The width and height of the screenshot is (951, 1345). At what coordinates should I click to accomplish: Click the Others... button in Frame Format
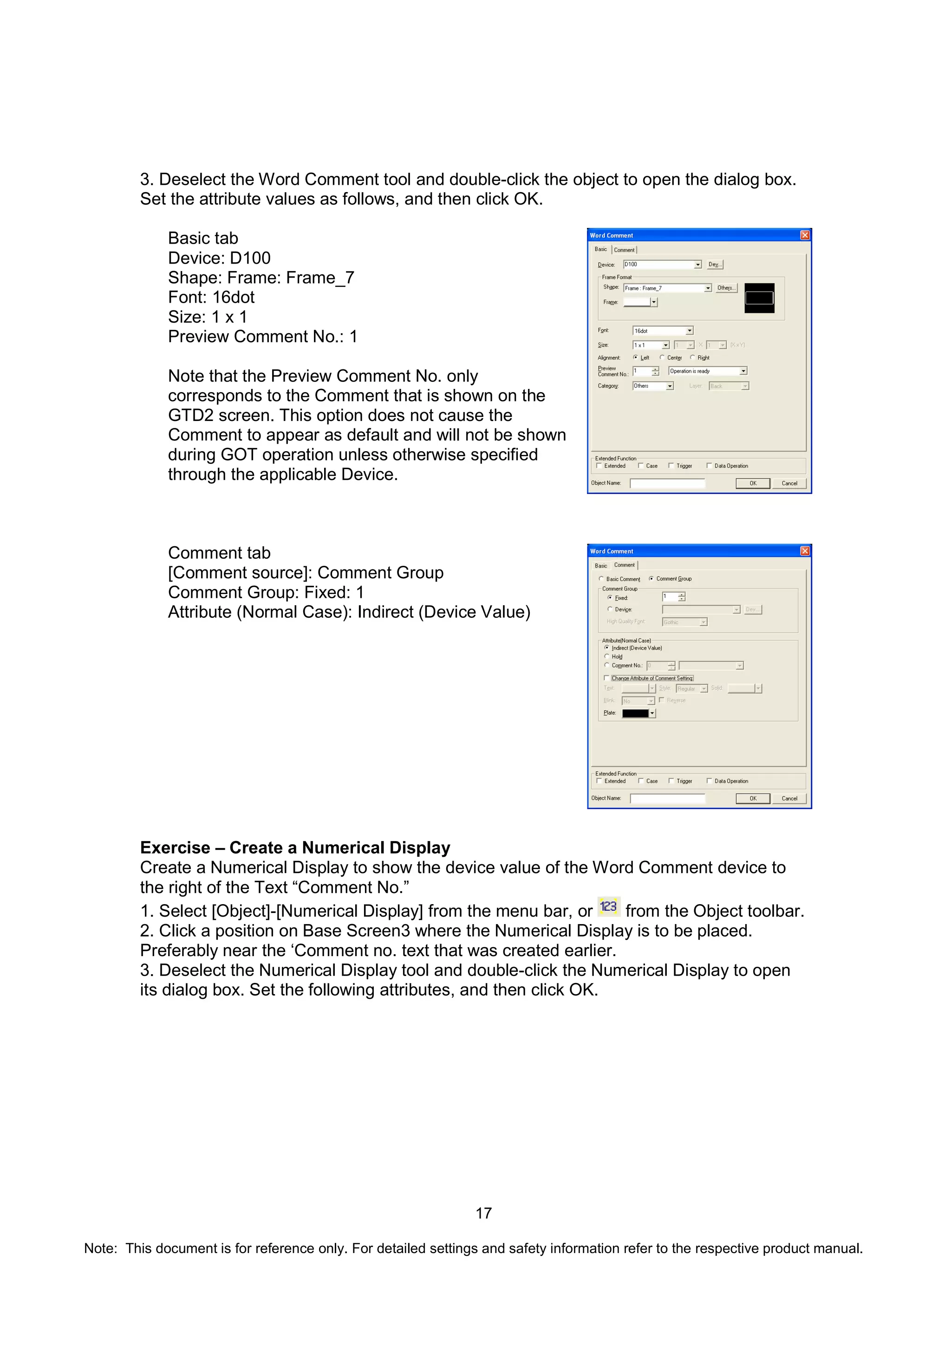pos(725,288)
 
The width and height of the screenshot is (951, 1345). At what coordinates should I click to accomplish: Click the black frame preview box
pos(759,297)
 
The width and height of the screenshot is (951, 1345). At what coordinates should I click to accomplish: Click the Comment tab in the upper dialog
pos(624,250)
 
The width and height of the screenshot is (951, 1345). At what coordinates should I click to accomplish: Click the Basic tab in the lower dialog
pos(600,566)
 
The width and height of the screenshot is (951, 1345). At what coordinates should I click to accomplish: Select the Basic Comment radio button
pos(602,579)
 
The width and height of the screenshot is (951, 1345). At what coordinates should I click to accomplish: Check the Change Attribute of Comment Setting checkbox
pos(607,679)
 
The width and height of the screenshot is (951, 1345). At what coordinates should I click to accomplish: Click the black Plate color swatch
pos(636,713)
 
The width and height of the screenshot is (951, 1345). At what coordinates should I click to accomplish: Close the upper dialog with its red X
pos(805,235)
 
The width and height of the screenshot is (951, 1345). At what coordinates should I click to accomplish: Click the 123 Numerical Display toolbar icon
pos(609,907)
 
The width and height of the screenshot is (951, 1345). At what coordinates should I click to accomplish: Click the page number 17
pos(483,1213)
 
